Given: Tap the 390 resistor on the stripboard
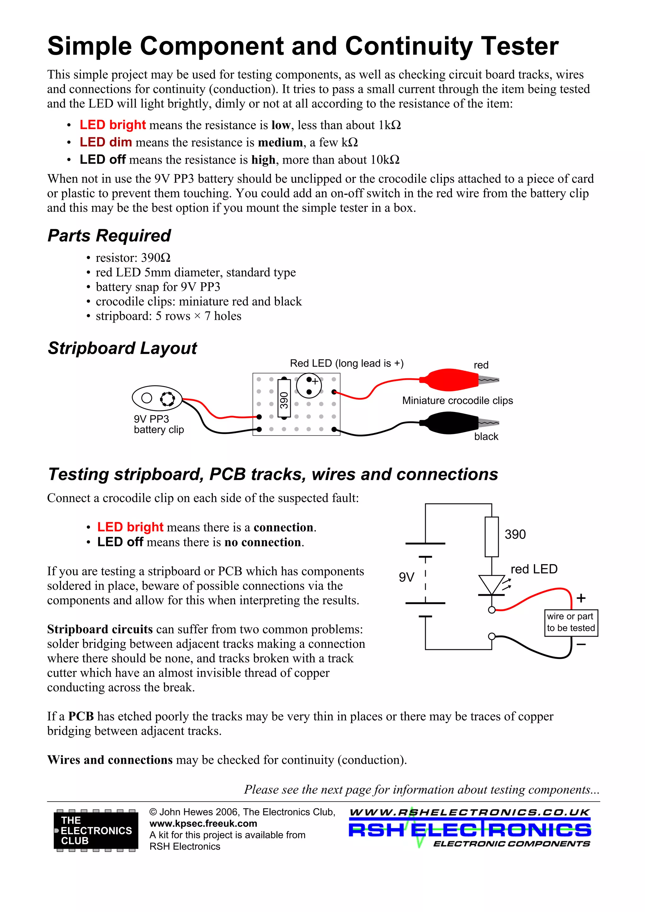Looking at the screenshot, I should (x=284, y=399).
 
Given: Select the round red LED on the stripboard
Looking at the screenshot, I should (x=309, y=385).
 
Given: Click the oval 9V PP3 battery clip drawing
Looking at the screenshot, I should (x=157, y=397).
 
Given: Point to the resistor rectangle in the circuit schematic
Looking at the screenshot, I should (x=492, y=537).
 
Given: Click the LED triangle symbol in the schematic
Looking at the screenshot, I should (x=491, y=585).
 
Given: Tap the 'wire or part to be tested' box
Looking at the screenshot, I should (x=571, y=622).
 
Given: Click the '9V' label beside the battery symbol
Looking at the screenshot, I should (x=407, y=577).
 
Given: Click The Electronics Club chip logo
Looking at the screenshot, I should (x=96, y=830).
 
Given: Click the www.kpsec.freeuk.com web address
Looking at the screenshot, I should (x=203, y=824).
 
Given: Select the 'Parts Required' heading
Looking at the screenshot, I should (x=109, y=235).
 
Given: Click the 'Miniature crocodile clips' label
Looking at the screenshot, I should (x=457, y=400).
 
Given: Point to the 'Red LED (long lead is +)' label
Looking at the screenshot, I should (x=346, y=363).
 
